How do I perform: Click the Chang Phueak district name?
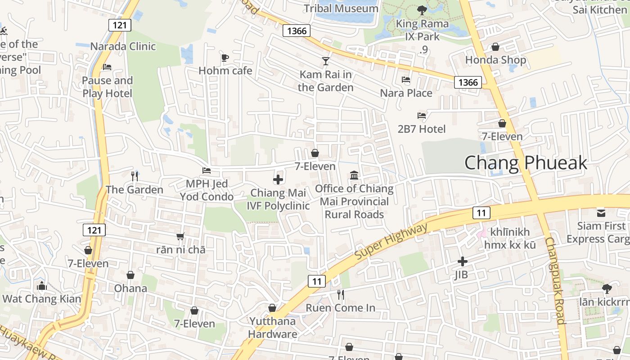coord(526,163)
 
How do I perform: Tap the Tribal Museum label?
coord(341,8)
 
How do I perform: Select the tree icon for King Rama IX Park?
coord(422,9)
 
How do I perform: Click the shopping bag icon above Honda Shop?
coord(495,47)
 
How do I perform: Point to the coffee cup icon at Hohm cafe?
coord(225,58)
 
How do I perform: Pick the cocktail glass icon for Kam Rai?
coord(326,61)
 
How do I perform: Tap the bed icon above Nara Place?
coord(406,80)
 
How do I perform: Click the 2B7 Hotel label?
coord(422,129)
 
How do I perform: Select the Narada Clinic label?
coord(123,46)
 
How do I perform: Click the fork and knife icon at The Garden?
coord(135,176)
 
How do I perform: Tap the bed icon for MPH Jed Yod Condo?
coord(207,171)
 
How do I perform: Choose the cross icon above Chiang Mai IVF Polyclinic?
coord(278,180)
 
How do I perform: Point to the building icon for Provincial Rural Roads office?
coord(354,175)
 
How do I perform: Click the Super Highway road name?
coord(391,242)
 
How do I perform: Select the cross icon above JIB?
coord(462,261)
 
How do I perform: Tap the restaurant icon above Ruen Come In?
coord(341,295)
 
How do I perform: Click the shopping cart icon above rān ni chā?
coord(180,236)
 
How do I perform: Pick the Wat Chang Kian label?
coord(42,299)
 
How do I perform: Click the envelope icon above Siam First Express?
coord(601,212)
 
